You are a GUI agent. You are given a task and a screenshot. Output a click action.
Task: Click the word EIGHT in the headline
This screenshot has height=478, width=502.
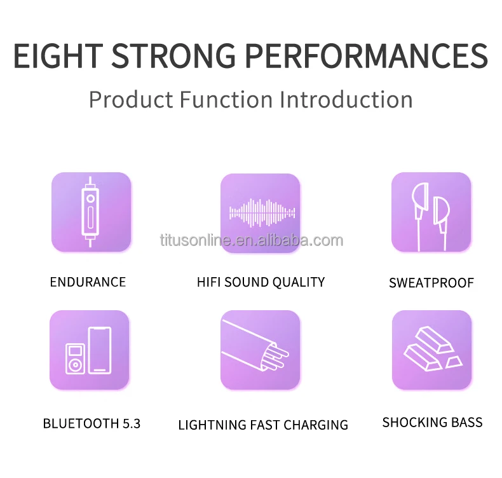(58, 56)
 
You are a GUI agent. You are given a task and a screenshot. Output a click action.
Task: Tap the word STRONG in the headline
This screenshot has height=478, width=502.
(173, 56)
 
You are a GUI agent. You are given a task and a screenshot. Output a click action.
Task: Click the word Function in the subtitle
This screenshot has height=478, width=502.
(226, 99)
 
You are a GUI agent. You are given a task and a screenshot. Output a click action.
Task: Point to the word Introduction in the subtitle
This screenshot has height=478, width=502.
(346, 99)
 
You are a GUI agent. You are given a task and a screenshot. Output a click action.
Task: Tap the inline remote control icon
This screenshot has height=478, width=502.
(91, 212)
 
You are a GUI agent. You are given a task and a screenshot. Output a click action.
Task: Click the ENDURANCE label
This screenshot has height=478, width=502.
(88, 282)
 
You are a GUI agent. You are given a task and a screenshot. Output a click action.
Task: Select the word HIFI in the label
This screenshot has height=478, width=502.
(208, 282)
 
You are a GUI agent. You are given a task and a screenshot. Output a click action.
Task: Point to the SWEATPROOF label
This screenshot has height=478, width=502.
(431, 283)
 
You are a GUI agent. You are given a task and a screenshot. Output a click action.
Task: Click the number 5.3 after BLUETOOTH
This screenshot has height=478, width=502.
(132, 423)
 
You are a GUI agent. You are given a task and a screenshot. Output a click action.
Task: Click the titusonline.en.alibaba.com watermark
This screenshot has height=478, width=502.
(252, 240)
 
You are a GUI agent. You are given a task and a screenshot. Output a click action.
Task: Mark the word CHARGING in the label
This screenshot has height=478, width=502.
(316, 425)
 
